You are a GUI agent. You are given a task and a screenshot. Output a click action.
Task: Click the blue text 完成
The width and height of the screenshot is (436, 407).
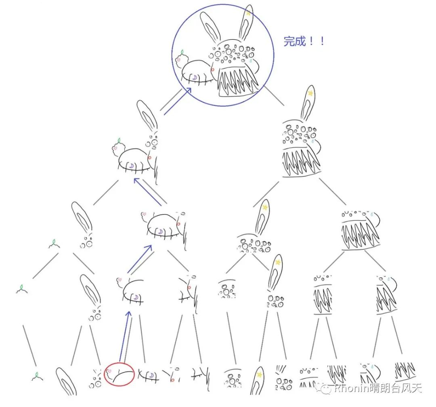tap(294, 42)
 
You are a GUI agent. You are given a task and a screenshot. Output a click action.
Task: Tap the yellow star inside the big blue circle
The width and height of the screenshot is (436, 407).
tap(248, 13)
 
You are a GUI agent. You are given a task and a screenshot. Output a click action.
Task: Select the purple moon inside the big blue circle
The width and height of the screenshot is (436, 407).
tap(195, 78)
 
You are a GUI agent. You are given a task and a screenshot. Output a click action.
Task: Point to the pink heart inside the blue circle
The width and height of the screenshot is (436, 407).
tap(178, 59)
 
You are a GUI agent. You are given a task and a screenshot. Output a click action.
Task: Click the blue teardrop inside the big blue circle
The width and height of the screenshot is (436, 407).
tap(251, 61)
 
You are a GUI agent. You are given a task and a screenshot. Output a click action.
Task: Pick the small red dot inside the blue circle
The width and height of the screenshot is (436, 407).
tap(213, 69)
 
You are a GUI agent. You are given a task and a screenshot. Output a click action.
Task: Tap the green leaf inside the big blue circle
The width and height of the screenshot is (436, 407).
tap(182, 52)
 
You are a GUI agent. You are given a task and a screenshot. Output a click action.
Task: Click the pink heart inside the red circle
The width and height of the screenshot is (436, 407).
tap(109, 371)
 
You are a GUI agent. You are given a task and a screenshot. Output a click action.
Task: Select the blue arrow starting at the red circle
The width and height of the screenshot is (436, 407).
tap(124, 337)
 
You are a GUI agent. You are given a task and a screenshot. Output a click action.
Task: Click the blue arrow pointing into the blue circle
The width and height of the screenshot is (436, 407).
tap(178, 101)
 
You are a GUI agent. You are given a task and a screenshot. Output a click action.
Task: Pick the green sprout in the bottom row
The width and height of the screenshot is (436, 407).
tap(37, 377)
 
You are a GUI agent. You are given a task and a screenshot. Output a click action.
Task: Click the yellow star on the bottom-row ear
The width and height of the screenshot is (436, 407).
tap(260, 374)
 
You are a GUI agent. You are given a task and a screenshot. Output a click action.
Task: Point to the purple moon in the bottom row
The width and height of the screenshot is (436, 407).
tap(152, 376)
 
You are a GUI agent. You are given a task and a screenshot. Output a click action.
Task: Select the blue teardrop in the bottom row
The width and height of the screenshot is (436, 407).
tap(372, 367)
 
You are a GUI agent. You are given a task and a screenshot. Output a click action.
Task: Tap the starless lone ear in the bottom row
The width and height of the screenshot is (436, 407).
tap(66, 381)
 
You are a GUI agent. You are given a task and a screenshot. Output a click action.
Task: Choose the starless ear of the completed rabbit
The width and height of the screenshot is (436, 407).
tap(210, 28)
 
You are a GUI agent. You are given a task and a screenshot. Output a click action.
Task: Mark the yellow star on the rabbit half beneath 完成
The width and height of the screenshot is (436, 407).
tap(310, 92)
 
